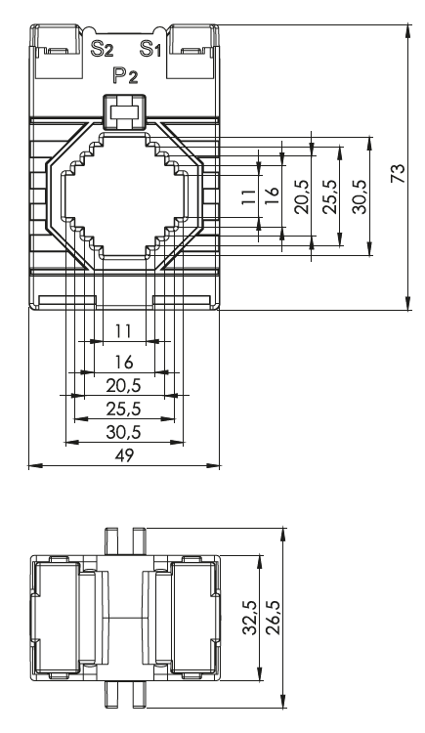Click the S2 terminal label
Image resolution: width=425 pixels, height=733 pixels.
(102, 49)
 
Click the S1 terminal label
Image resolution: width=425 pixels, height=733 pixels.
(150, 49)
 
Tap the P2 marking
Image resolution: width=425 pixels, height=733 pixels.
(125, 75)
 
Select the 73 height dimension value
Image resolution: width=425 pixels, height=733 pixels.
(398, 173)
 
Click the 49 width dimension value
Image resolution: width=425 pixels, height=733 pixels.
(124, 454)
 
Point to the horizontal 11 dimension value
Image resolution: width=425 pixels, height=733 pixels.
(123, 331)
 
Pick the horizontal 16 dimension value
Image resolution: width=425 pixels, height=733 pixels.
(124, 362)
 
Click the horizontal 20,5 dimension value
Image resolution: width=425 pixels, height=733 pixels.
(123, 386)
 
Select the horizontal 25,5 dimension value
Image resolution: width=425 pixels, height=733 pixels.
(123, 410)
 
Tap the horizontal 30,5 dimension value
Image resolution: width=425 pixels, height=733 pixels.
(123, 432)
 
